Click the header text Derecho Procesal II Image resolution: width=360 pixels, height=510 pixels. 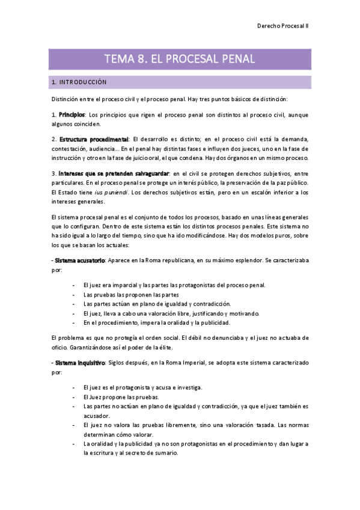click(282, 26)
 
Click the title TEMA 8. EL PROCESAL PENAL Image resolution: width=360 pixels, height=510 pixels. click(180, 59)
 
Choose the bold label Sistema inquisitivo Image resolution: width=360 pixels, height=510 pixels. click(79, 363)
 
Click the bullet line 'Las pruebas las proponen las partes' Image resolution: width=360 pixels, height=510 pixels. click(131, 295)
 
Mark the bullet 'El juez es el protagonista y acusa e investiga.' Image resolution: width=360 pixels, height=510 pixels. click(142, 388)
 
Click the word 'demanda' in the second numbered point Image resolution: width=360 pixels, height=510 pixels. click(293, 139)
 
